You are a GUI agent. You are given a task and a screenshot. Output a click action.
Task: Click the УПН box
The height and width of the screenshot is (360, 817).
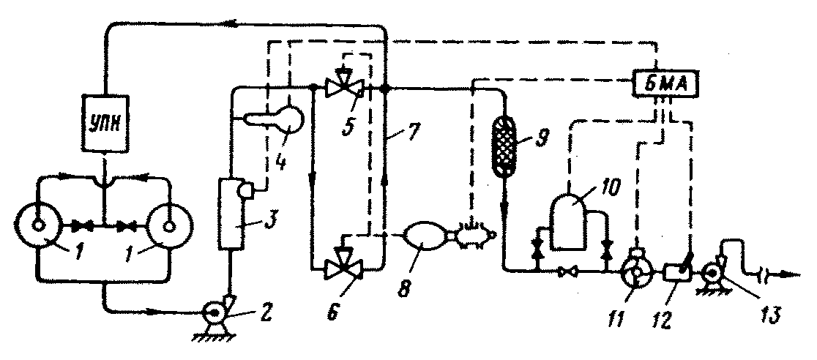coord(105,124)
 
